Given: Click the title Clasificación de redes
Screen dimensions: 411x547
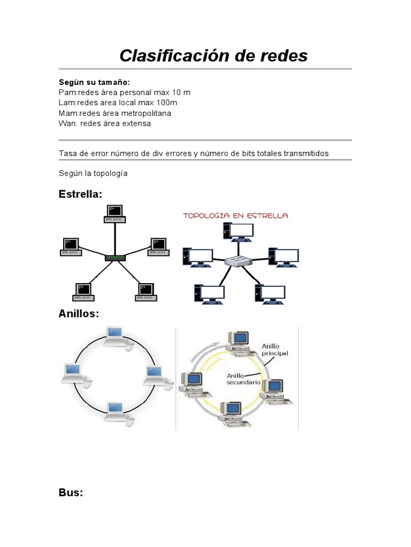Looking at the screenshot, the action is [x=214, y=55].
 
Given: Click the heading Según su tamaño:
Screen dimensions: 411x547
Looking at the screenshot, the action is [x=94, y=82].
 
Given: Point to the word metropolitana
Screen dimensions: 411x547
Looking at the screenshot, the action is [x=145, y=113].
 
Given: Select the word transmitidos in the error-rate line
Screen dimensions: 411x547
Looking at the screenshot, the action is [x=302, y=153].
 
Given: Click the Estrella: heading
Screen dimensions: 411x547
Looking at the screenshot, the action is [x=80, y=194].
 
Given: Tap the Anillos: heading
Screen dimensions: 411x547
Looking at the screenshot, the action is [x=79, y=314].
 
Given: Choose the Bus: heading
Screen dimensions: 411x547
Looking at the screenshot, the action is [x=71, y=493].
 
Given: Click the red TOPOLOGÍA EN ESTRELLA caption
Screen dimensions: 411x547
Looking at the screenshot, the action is [x=235, y=216].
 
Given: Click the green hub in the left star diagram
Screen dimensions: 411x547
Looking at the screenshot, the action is [x=115, y=257].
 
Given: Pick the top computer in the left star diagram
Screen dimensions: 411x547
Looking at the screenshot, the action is [x=115, y=213].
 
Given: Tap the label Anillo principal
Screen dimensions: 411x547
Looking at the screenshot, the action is [x=274, y=350].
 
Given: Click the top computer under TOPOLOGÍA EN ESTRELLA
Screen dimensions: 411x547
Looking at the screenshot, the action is [x=238, y=231].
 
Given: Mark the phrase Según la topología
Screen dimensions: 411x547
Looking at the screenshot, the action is [x=93, y=174].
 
